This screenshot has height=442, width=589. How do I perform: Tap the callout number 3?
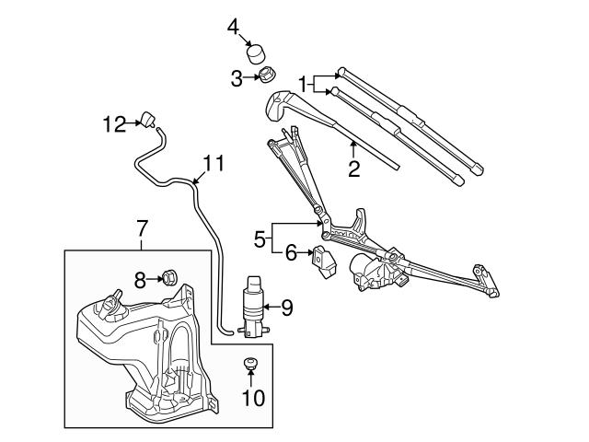[x=236, y=78]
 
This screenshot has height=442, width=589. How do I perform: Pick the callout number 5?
[x=260, y=238]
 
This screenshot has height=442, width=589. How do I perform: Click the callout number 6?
[x=290, y=250]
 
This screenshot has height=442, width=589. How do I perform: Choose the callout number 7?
[x=142, y=226]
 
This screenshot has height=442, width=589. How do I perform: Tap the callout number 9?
[x=286, y=308]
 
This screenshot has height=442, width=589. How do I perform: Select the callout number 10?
[x=252, y=398]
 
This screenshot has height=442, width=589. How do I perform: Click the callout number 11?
[x=214, y=164]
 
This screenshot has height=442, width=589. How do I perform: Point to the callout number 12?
[x=113, y=122]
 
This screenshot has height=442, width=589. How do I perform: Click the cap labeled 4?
[x=261, y=46]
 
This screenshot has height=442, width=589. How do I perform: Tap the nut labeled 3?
[x=266, y=76]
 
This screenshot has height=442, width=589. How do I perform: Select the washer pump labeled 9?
[x=251, y=305]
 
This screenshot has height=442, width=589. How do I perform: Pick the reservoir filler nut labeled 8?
[x=169, y=275]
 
